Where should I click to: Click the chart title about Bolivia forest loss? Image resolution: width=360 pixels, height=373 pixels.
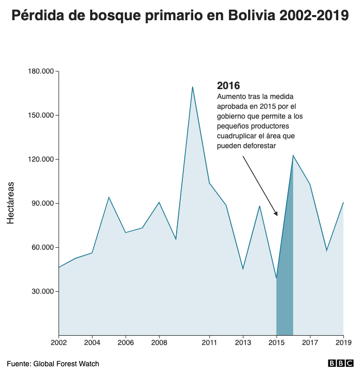point(180,16)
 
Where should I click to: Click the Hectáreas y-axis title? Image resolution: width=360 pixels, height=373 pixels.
point(10,203)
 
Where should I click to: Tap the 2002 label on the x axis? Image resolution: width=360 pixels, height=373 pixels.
point(59,342)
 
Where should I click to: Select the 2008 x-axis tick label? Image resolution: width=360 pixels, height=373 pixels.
point(159,342)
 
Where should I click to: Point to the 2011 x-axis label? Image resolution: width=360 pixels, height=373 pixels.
point(209,342)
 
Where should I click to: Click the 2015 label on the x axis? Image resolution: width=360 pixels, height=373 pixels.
point(277,342)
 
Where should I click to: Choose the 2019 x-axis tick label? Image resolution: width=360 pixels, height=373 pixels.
point(343,342)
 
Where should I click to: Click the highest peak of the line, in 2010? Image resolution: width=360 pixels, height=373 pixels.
point(193,87)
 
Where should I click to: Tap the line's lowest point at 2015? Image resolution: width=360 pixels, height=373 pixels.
point(277,278)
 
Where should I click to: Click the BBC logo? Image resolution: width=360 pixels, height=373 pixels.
point(339,364)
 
